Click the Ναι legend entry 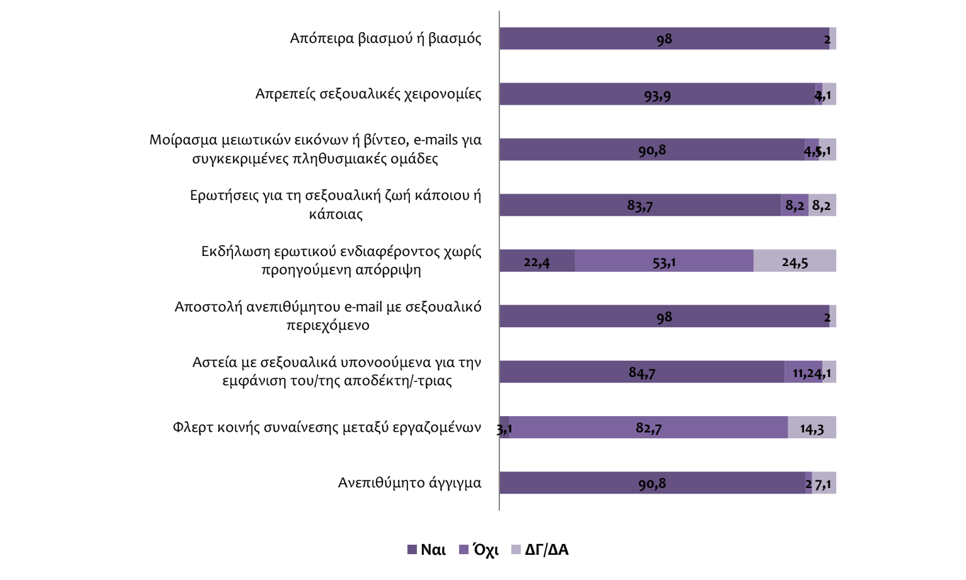coord(427,550)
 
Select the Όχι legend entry coord(479,550)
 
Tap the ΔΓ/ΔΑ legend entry coord(540,550)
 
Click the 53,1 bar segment coord(664,261)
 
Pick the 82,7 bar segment coord(649,427)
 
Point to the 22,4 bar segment coord(537,261)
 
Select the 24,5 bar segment coord(795,261)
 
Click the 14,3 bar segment coord(812,427)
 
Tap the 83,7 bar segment coord(640,206)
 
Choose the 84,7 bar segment coord(642,372)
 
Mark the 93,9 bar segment coord(657,95)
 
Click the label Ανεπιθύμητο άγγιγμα coord(409,483)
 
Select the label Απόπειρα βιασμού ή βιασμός coord(385,38)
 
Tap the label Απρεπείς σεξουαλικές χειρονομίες coord(368,94)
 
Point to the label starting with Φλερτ coord(327,427)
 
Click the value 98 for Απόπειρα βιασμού coord(664,39)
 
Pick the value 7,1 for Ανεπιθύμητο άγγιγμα coord(824,484)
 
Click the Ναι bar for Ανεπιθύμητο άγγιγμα coord(652,483)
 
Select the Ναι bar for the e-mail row coord(664,316)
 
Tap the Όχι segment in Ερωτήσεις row coord(795,206)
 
